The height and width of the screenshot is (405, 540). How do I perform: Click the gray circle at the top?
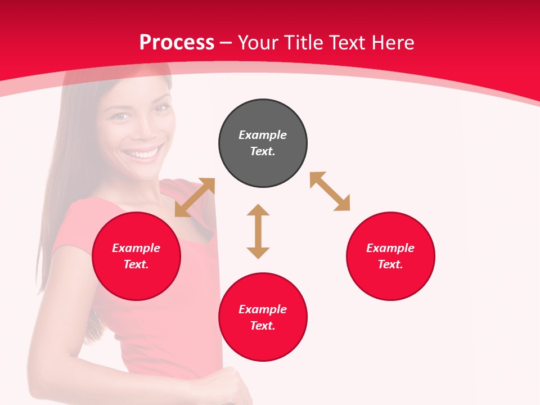point(263,143)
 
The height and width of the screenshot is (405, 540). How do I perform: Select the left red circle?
point(136,256)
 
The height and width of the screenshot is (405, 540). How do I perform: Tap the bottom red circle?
point(263,317)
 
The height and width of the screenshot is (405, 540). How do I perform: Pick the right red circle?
point(390,256)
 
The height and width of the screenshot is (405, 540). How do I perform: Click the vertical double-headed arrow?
point(258,231)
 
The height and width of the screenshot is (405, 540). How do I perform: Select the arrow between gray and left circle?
point(195,197)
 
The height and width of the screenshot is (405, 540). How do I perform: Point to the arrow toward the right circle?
point(330,191)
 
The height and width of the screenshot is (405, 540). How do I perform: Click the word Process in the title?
point(177,42)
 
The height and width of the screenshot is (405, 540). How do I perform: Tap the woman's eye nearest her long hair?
point(120,115)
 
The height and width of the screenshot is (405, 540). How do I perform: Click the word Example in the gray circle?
point(263,135)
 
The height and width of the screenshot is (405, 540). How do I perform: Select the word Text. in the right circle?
point(390,264)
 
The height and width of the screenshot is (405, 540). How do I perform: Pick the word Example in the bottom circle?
point(263,309)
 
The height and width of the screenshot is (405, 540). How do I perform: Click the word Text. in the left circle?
point(136,264)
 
